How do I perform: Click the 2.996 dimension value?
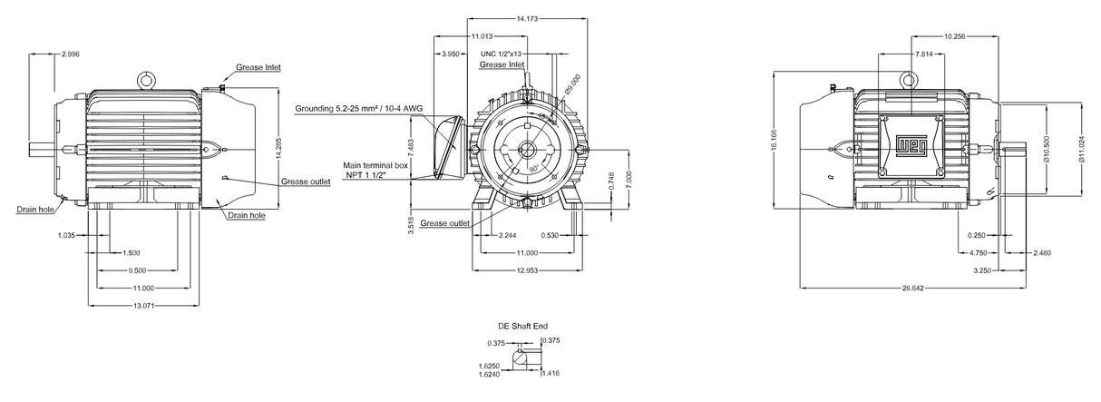(x=70, y=55)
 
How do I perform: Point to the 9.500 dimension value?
(x=139, y=270)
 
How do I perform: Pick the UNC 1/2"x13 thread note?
(x=502, y=54)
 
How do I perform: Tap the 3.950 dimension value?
(x=450, y=54)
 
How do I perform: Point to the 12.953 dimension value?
(x=528, y=270)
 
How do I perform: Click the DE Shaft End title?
(x=522, y=325)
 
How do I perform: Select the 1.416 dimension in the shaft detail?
(x=551, y=372)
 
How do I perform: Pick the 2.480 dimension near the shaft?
(x=1042, y=252)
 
